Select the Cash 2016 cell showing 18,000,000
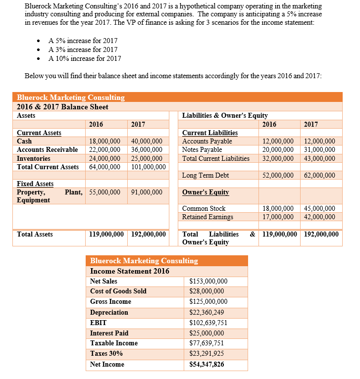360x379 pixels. tap(104, 142)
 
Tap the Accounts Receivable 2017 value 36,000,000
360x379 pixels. tap(147, 150)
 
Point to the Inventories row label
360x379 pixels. tap(33, 158)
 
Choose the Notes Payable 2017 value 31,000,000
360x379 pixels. tap(319, 150)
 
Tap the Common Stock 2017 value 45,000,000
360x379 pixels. tap(319, 208)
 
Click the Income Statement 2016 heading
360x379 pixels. tap(130, 271)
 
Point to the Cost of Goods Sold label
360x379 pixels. tap(118, 291)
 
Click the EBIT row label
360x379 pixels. tap(99, 323)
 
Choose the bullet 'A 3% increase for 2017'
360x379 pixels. tap(83, 49)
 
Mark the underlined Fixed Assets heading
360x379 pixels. tap(35, 184)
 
